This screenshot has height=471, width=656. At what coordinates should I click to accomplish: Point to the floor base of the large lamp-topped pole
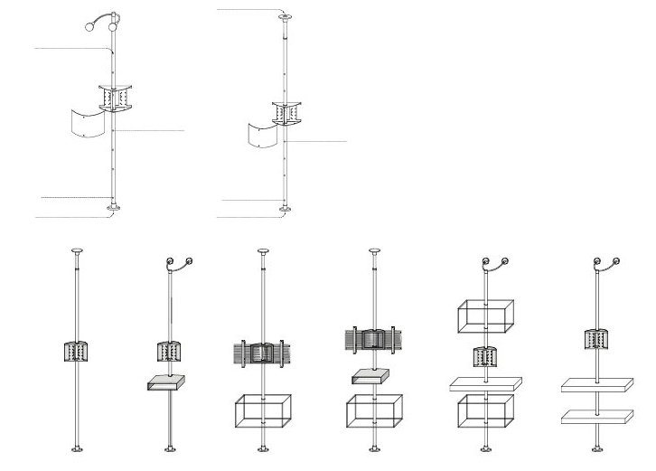[x=113, y=209]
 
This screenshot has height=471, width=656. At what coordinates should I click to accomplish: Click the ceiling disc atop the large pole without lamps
[x=286, y=16]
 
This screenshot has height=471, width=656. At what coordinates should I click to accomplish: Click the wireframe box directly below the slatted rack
[x=263, y=410]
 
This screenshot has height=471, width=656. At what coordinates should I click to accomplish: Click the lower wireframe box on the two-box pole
[x=486, y=410]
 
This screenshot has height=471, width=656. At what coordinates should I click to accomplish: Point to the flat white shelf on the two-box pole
[x=486, y=382]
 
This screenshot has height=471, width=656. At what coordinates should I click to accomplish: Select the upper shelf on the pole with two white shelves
[x=596, y=385]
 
